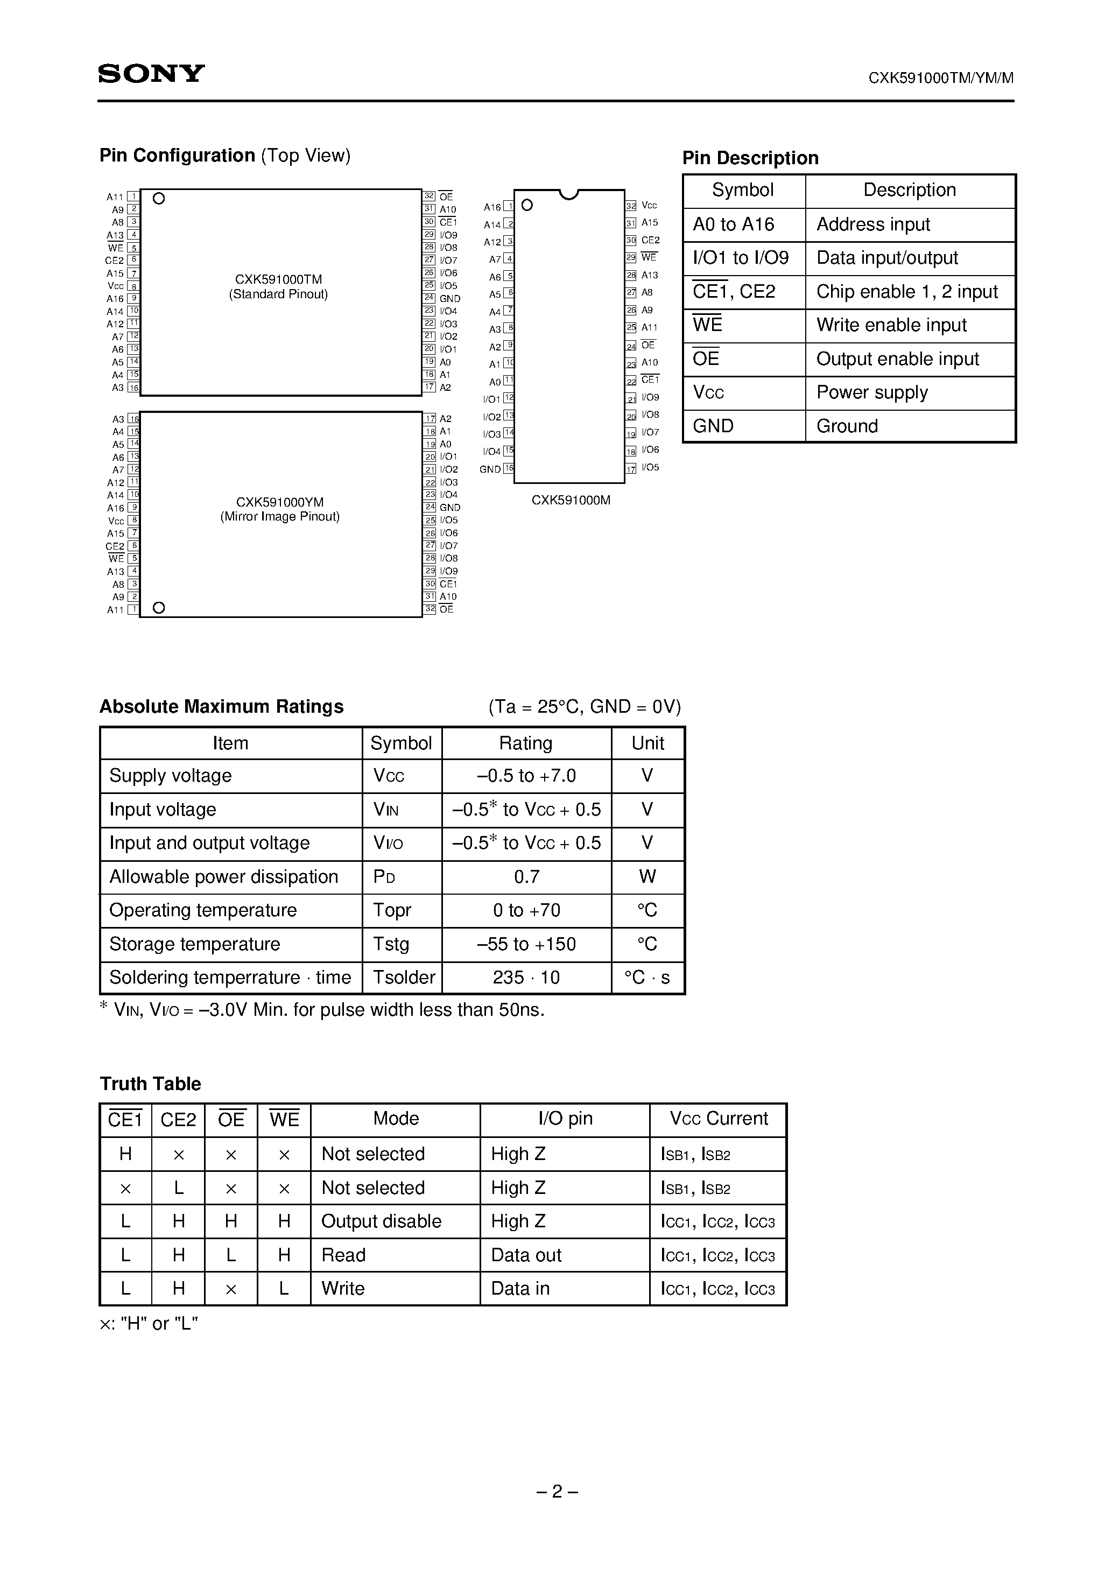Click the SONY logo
pyautogui.click(x=151, y=73)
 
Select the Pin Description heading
pyautogui.click(x=750, y=158)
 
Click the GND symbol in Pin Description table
pyautogui.click(x=713, y=426)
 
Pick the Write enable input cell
pyautogui.click(x=891, y=326)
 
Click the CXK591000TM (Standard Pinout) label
pyautogui.click(x=278, y=286)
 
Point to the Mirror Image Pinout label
pyautogui.click(x=280, y=517)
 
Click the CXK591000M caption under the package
pyautogui.click(x=571, y=501)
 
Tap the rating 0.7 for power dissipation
pyautogui.click(x=526, y=877)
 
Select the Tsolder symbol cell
pyautogui.click(x=403, y=978)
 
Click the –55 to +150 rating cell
pyautogui.click(x=526, y=945)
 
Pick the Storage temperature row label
pyautogui.click(x=195, y=945)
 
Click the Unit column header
pyautogui.click(x=647, y=743)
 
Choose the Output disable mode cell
pyautogui.click(x=381, y=1221)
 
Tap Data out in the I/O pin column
pyautogui.click(x=526, y=1255)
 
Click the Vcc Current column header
pyautogui.click(x=719, y=1119)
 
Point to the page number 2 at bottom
pyautogui.click(x=557, y=1492)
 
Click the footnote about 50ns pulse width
pyautogui.click(x=322, y=1010)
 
